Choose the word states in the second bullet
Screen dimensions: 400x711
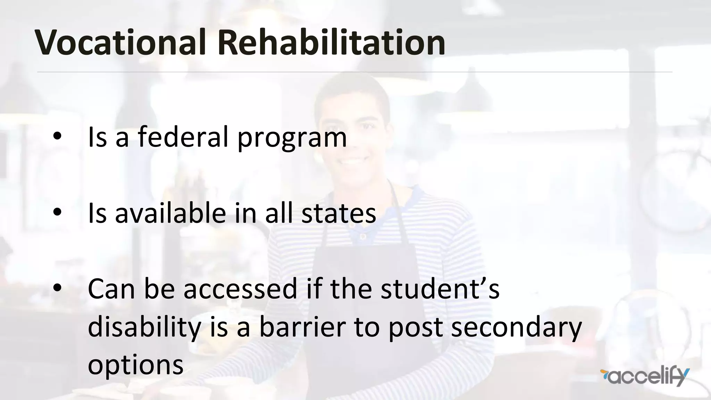click(x=339, y=214)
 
